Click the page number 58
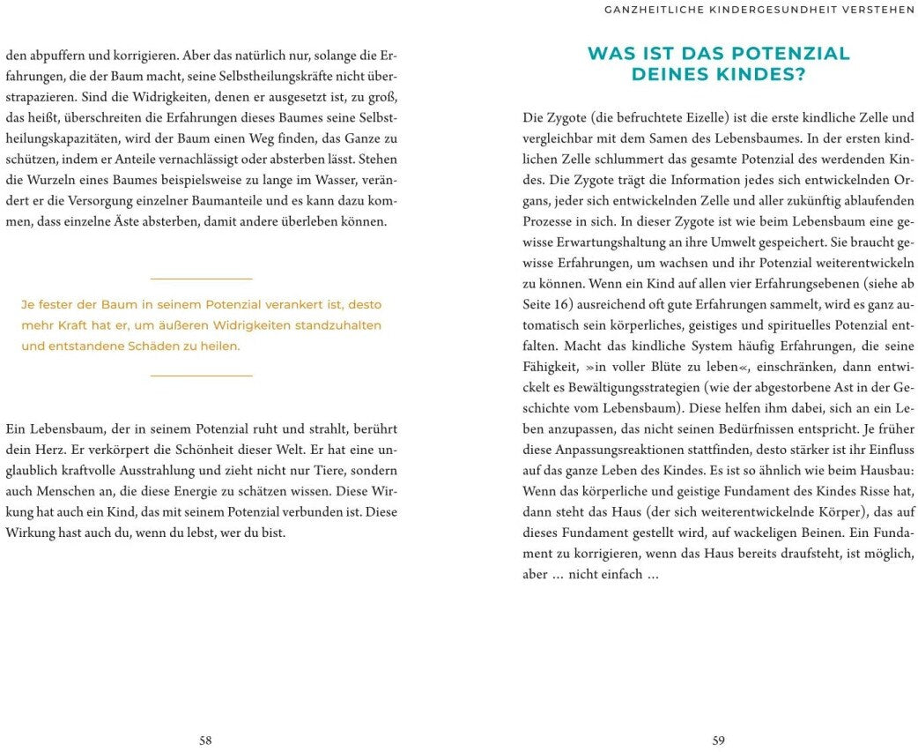205,741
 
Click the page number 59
719,741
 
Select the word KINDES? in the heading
762,75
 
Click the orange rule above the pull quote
202,279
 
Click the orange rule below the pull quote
202,376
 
